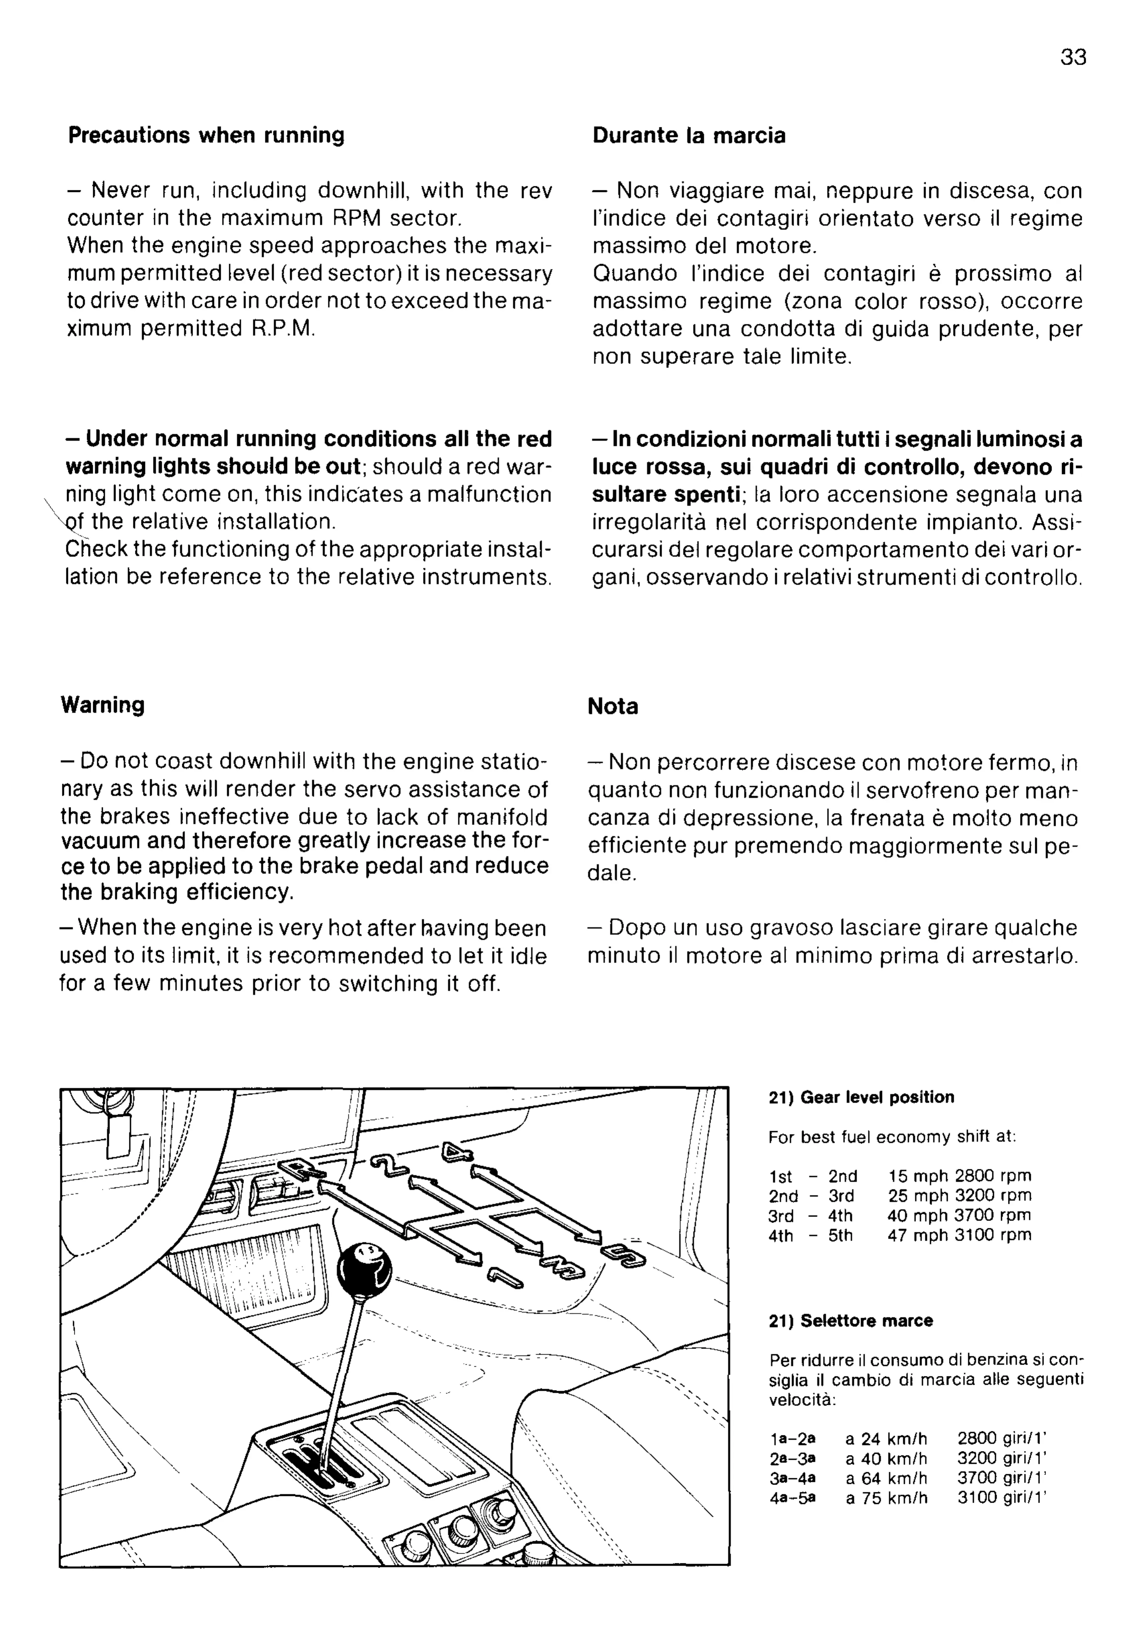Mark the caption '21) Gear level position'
pos(861,1097)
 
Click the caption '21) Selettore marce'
pos(850,1320)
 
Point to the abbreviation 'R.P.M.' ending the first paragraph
pos(283,329)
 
